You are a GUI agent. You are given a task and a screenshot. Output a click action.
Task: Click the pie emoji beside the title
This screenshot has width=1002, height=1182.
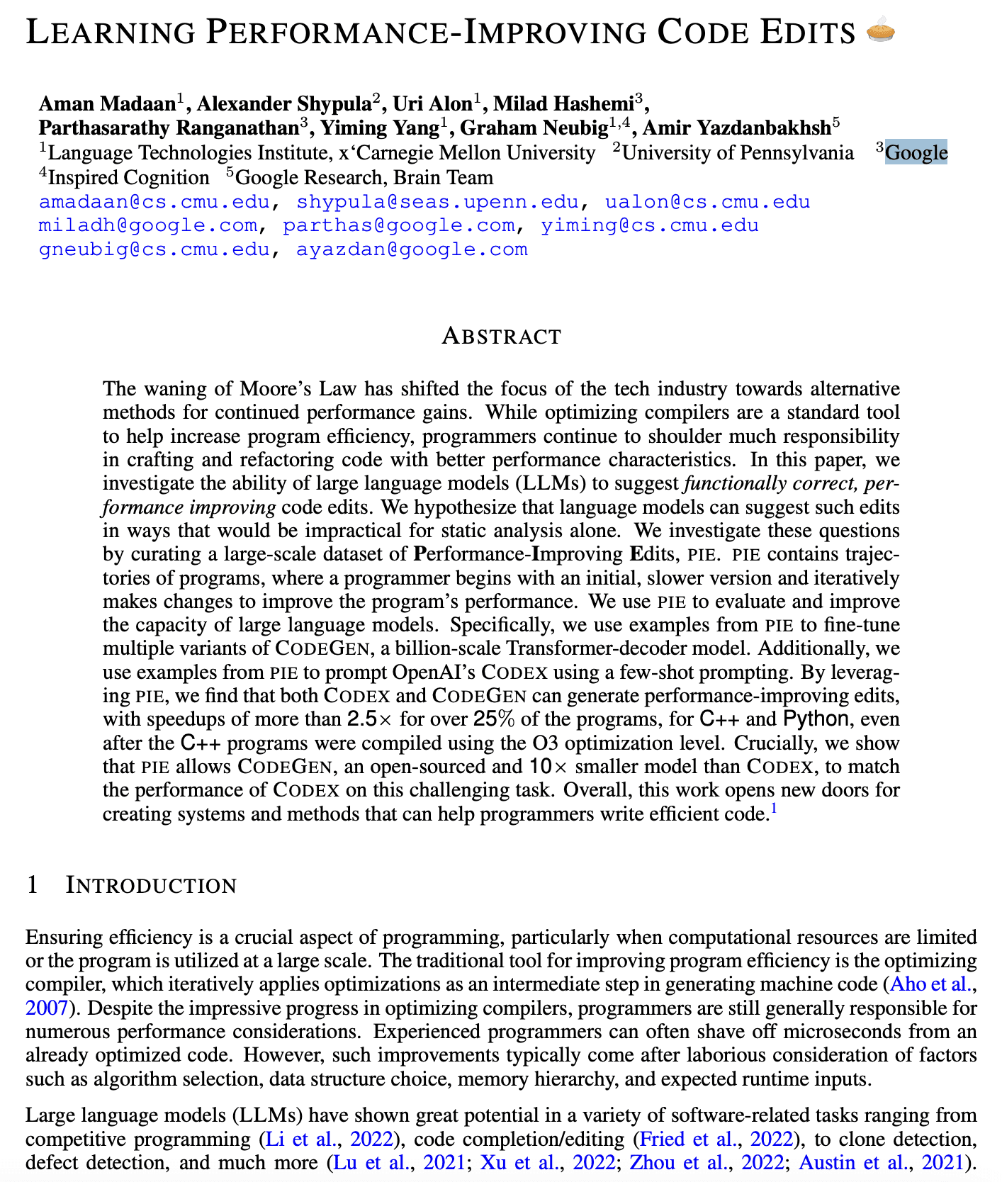pyautogui.click(x=881, y=32)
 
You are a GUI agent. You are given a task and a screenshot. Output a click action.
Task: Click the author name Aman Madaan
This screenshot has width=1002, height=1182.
pyautogui.click(x=107, y=104)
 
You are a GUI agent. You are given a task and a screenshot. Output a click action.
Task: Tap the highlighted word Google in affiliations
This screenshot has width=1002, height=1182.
pyautogui.click(x=916, y=153)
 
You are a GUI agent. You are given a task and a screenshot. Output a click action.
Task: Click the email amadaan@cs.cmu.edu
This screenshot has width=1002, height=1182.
pyautogui.click(x=154, y=202)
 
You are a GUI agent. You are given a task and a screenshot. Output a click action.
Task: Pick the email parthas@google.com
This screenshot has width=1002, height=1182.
pyautogui.click(x=399, y=226)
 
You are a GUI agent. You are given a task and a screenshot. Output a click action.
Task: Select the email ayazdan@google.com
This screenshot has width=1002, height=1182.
pyautogui.click(x=412, y=249)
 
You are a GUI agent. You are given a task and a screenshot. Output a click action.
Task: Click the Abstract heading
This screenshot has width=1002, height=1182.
pyautogui.click(x=501, y=336)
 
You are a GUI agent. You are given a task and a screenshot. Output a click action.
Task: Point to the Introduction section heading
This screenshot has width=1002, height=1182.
pyautogui.click(x=151, y=885)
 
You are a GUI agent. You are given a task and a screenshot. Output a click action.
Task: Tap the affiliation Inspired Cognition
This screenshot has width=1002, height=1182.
pyautogui.click(x=130, y=177)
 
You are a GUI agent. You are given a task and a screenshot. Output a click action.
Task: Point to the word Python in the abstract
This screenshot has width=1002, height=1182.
pyautogui.click(x=815, y=719)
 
